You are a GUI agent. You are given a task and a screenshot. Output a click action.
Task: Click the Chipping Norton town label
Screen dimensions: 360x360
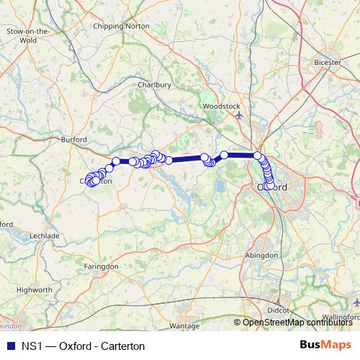(122, 26)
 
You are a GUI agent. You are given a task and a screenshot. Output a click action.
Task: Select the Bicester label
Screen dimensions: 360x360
(328, 62)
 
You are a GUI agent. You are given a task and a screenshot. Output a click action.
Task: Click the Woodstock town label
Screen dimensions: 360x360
(221, 106)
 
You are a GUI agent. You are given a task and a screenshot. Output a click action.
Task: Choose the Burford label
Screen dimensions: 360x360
(74, 140)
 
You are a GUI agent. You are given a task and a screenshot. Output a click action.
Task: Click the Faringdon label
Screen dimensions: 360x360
(101, 266)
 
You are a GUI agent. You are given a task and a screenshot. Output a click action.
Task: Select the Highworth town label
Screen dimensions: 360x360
(34, 289)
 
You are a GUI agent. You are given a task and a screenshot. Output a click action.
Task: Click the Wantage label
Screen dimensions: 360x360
(184, 326)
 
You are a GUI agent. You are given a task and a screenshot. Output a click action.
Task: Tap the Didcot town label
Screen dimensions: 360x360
(279, 310)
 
